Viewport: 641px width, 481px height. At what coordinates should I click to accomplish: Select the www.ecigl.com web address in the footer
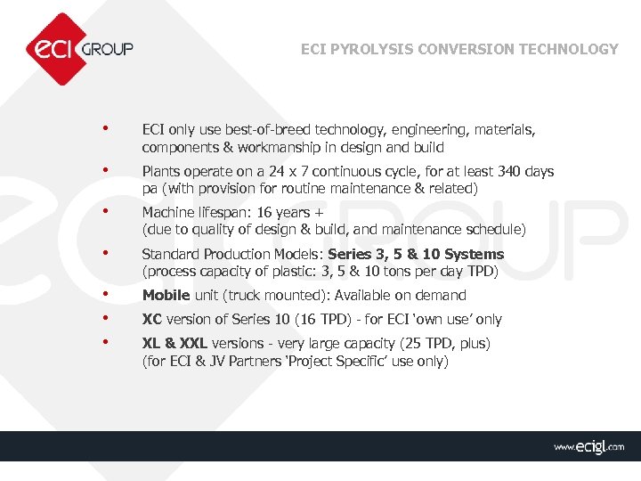click(588, 447)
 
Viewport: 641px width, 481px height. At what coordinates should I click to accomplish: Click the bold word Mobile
click(166, 295)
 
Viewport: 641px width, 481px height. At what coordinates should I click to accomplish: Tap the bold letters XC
click(152, 319)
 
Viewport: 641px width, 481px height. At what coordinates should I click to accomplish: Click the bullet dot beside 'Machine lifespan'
click(106, 211)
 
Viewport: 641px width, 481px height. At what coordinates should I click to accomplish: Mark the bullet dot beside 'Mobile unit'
click(106, 294)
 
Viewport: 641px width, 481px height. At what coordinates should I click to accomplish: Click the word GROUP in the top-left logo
click(107, 49)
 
